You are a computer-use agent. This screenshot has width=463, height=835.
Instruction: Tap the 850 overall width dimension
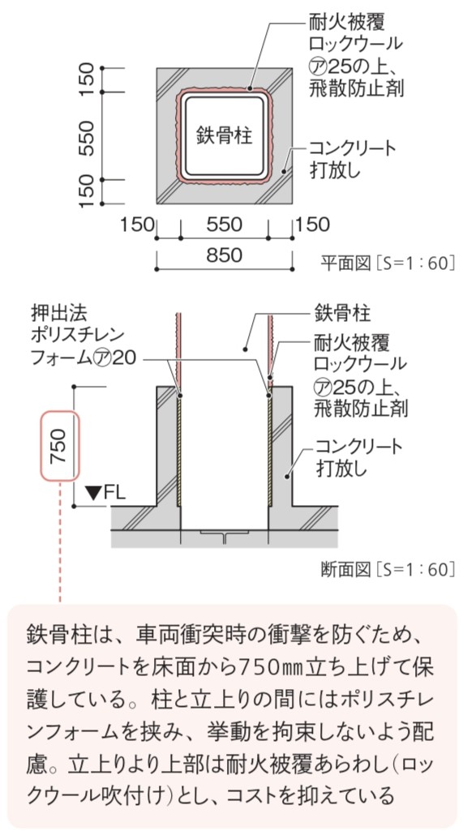[x=224, y=255]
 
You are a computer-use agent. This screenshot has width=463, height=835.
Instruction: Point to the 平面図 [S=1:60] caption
[x=388, y=263]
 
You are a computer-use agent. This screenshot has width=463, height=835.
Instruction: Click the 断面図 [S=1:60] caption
[x=388, y=570]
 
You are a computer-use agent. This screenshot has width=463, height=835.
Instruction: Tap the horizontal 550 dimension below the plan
[x=224, y=225]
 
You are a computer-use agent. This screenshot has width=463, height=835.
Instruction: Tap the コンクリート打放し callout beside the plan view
[x=353, y=159]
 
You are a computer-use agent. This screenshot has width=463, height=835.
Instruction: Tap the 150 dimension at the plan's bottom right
[x=312, y=225]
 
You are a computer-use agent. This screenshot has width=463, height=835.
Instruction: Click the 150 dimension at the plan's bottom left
[x=136, y=225]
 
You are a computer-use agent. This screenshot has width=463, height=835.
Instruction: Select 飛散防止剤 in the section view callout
[x=361, y=409]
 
